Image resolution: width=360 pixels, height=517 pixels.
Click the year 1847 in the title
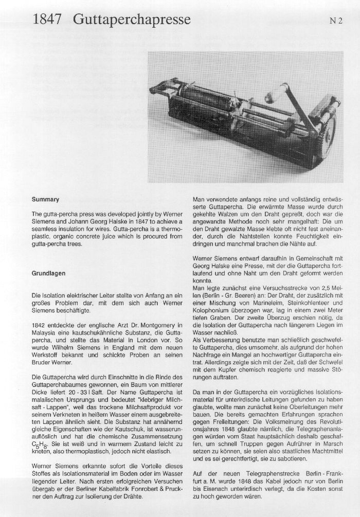pyautogui.click(x=47, y=20)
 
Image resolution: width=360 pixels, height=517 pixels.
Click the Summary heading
pyautogui.click(x=45, y=199)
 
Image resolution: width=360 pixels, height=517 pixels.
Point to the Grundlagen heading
pyautogui.click(x=49, y=273)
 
